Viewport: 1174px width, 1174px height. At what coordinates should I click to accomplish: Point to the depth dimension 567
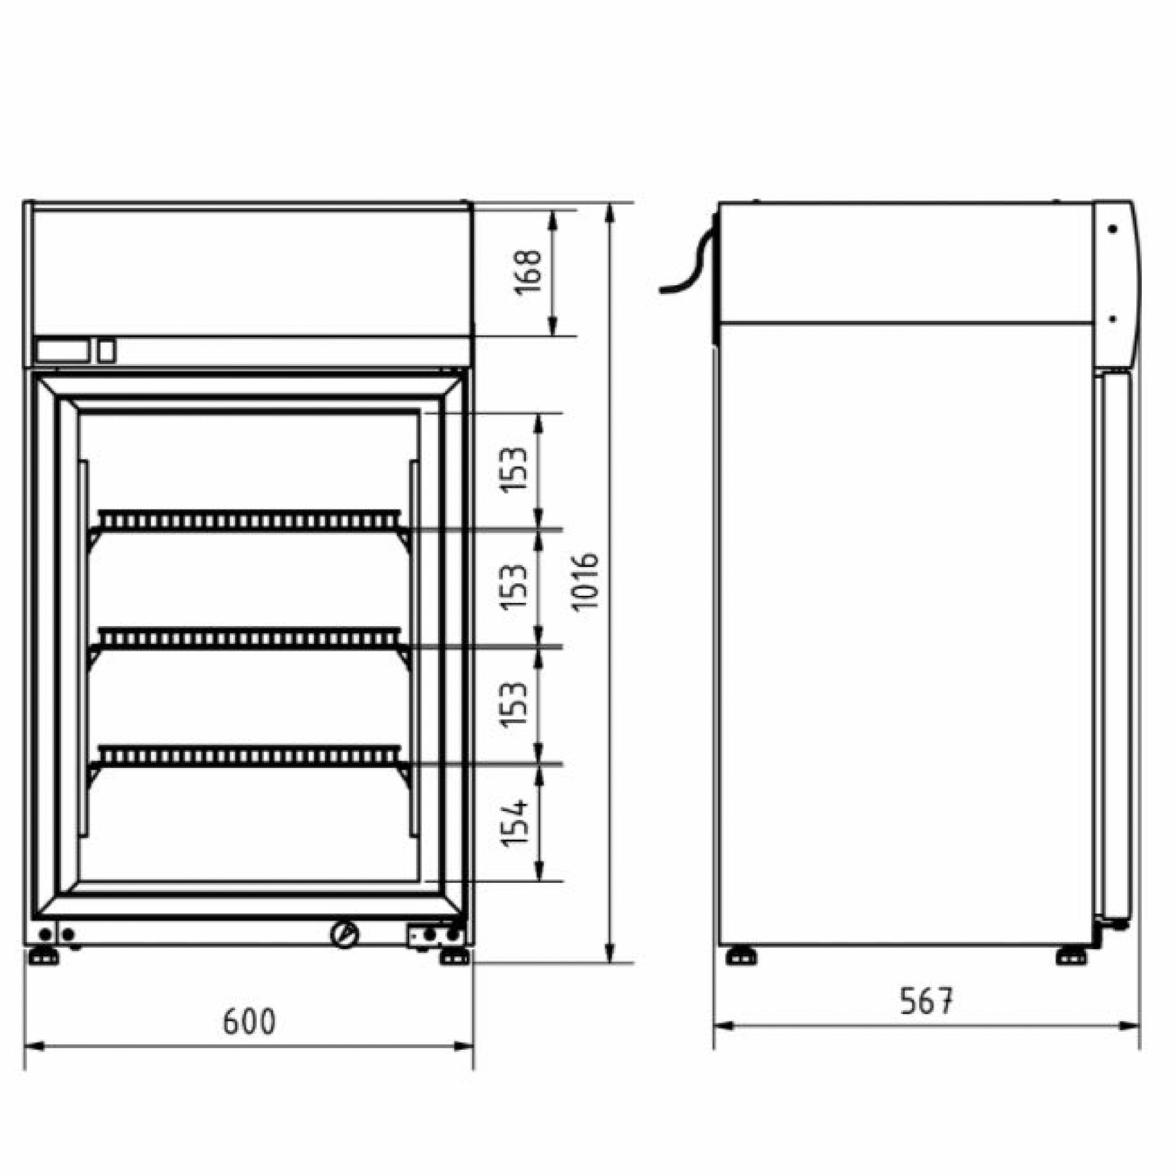926,1001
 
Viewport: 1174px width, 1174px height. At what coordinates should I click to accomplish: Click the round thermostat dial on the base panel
344,950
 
